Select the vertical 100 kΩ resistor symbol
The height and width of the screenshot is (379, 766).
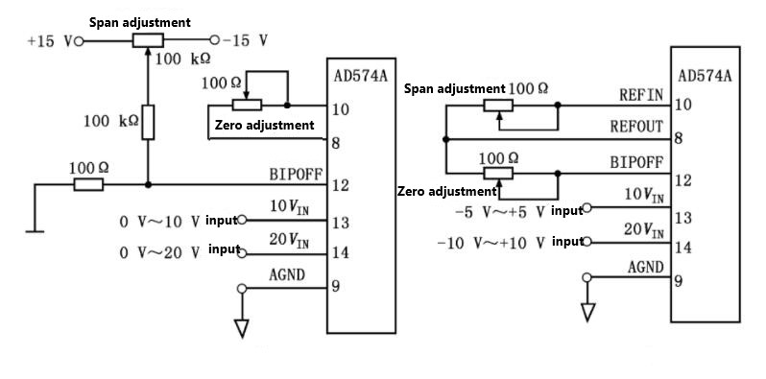(x=148, y=123)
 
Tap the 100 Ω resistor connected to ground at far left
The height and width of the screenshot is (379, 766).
(x=87, y=184)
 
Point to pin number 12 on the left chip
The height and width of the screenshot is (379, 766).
(x=340, y=185)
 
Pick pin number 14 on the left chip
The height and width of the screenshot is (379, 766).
(x=340, y=253)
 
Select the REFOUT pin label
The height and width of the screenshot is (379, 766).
(x=637, y=127)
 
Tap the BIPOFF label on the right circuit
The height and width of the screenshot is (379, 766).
(x=637, y=163)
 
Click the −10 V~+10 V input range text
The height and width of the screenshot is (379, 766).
(x=491, y=242)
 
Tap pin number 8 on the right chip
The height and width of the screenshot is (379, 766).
(x=678, y=139)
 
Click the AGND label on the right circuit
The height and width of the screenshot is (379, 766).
(x=646, y=267)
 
